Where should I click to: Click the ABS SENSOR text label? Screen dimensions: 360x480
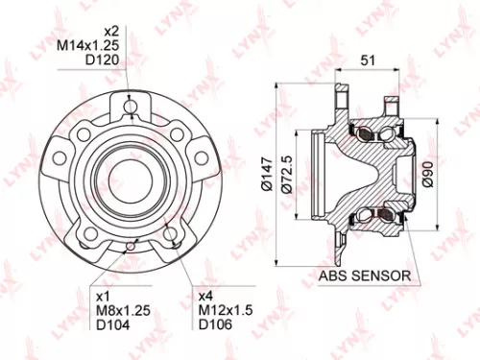(365, 276)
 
